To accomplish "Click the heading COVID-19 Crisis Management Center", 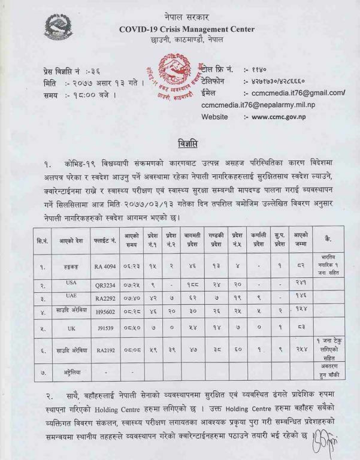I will point(186,29).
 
